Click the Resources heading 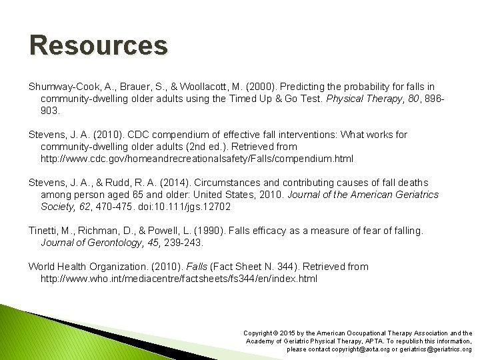coord(98,47)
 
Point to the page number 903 coord(50,111)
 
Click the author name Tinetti coord(43,230)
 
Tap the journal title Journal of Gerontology coord(87,242)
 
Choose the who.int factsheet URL coord(179,278)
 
